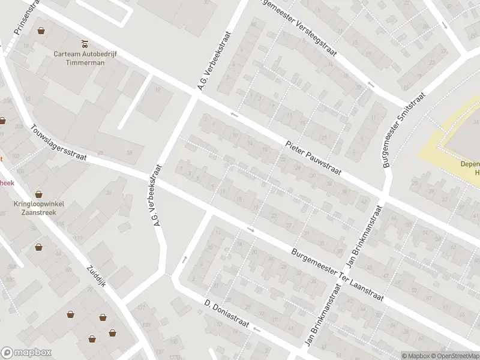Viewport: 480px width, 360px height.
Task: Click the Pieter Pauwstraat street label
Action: click(313, 158)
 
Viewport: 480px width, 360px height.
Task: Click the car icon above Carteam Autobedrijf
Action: click(84, 43)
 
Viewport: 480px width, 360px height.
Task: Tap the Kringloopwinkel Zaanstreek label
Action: click(39, 208)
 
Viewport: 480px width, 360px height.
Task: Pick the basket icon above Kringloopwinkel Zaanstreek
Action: click(39, 194)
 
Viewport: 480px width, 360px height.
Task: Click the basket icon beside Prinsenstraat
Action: click(41, 30)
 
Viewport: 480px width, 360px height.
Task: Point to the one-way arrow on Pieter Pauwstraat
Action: click(234, 113)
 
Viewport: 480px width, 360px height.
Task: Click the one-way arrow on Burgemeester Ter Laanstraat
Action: click(251, 229)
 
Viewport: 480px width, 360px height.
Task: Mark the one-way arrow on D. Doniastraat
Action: click(257, 329)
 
